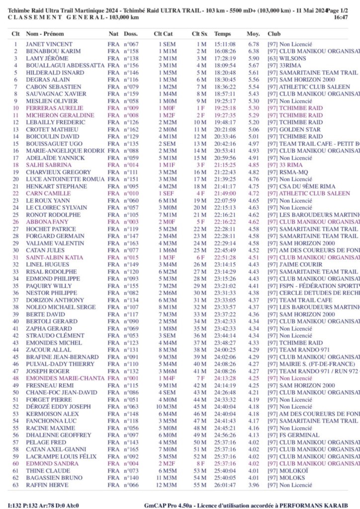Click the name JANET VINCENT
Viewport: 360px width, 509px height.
(x=49, y=44)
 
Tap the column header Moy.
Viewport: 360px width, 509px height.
(x=253, y=34)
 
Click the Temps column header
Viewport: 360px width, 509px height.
(x=222, y=34)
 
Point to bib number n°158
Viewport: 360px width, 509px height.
(x=131, y=51)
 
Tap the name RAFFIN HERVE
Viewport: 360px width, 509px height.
(x=47, y=485)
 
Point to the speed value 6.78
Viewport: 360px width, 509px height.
(x=253, y=44)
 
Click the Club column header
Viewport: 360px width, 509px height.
(x=274, y=34)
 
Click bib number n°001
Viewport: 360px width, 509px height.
(x=131, y=378)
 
